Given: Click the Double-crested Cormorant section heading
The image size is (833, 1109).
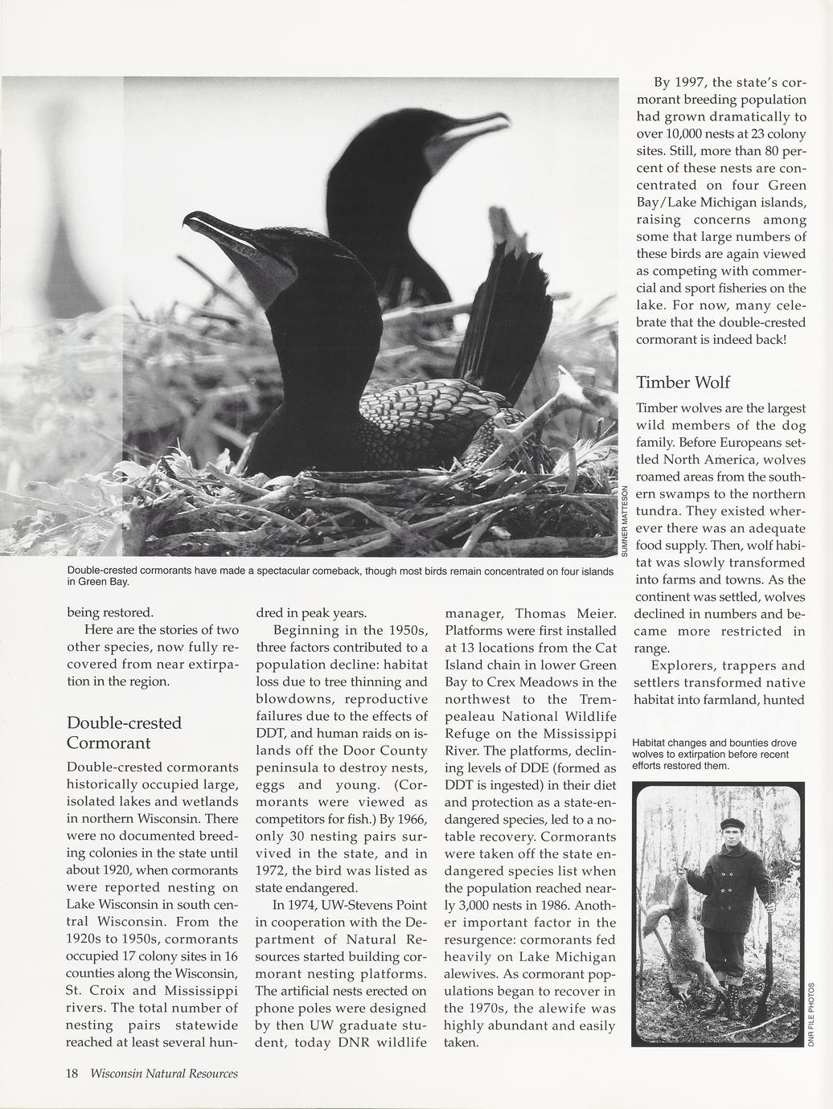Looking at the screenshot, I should (124, 732).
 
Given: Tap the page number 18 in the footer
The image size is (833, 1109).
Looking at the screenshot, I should (72, 1074).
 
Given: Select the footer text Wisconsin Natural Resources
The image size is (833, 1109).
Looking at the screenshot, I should (164, 1074).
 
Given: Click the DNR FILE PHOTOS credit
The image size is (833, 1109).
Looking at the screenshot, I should (810, 1014).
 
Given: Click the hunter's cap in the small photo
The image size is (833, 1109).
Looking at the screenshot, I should (732, 823).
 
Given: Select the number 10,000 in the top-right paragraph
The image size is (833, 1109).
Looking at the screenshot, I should (679, 134).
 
